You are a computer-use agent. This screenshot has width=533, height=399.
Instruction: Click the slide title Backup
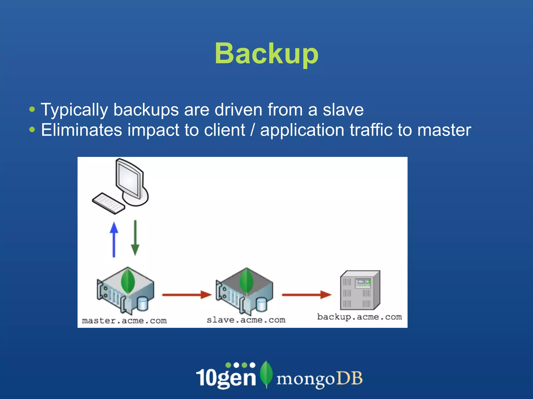tap(266, 54)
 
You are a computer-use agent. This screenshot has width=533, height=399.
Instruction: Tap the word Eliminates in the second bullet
tap(81, 130)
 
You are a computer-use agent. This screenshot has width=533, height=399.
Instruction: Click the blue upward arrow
tap(114, 239)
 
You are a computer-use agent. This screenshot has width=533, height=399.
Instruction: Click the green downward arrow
tap(135, 238)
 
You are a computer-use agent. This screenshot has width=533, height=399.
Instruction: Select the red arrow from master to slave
tap(187, 295)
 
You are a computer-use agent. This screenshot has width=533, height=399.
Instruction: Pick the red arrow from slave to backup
tap(306, 295)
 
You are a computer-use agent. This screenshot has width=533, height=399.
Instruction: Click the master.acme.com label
tap(124, 321)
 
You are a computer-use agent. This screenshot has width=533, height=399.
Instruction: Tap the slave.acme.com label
tap(246, 320)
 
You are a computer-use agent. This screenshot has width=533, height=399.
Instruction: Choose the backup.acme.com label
tap(359, 317)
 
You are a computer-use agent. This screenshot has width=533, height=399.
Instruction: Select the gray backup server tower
tap(360, 290)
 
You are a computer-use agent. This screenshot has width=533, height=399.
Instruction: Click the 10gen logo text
tap(226, 377)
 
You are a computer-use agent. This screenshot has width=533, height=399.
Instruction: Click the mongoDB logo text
tap(319, 379)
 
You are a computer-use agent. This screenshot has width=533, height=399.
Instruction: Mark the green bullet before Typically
tap(32, 109)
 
